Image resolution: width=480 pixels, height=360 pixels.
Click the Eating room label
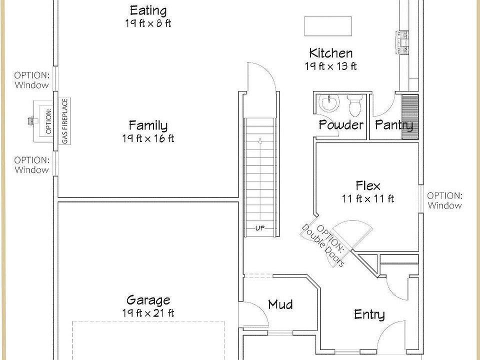[x=148, y=10]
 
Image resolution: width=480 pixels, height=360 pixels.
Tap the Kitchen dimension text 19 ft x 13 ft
[x=330, y=66]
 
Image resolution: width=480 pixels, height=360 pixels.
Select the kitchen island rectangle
[x=327, y=26]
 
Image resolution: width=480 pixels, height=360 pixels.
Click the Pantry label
[x=394, y=125]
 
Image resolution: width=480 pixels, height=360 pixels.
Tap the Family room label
[x=148, y=125]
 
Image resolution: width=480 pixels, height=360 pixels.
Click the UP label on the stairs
[x=260, y=228]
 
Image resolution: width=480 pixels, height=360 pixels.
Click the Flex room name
[x=368, y=185]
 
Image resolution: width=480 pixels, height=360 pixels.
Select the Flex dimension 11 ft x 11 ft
[x=368, y=198]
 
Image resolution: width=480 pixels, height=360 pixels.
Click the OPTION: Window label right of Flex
[x=444, y=200]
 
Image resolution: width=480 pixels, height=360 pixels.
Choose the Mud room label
[x=280, y=304]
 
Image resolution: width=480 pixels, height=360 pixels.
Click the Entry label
[x=369, y=314]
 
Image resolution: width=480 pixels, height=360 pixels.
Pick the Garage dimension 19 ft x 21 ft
[x=148, y=313]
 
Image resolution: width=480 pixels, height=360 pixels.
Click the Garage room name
[x=148, y=300]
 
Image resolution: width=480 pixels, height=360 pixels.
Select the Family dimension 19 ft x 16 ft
[x=148, y=138]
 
